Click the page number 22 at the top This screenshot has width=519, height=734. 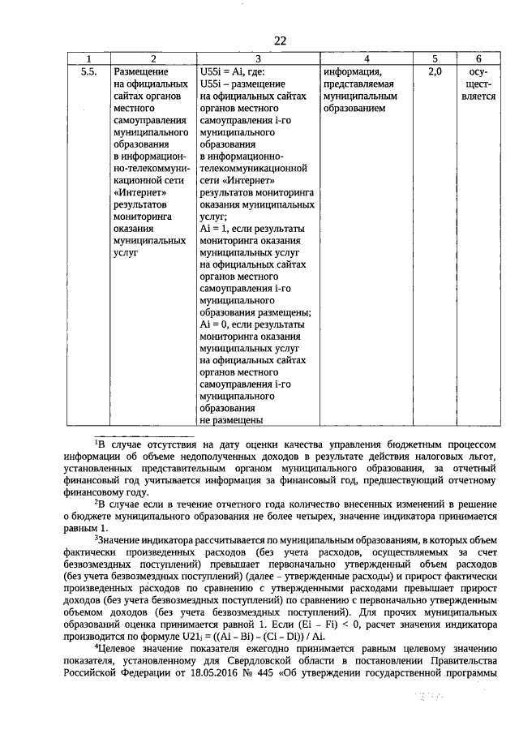(x=281, y=41)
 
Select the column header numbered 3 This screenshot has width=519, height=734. (x=258, y=59)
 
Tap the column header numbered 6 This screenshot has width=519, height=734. (x=478, y=59)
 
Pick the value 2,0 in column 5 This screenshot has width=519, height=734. (x=434, y=72)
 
